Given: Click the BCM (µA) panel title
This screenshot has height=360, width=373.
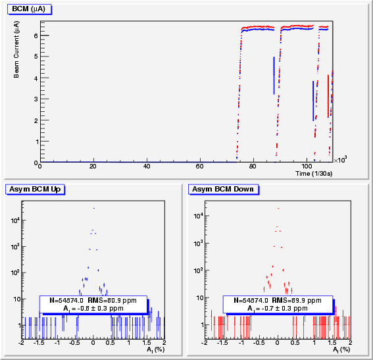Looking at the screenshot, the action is click(29, 9).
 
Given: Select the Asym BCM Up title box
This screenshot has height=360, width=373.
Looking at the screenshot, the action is click(35, 190).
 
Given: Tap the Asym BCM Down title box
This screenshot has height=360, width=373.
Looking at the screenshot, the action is click(224, 190).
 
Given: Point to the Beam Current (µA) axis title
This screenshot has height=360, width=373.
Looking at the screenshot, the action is click(16, 49).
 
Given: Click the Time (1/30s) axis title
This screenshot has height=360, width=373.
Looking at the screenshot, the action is click(314, 174).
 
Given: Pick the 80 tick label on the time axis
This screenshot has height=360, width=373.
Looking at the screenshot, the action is click(253, 166).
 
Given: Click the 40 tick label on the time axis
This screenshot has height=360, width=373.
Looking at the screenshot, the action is click(147, 166).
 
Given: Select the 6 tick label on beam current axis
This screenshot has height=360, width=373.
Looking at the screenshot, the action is click(36, 36).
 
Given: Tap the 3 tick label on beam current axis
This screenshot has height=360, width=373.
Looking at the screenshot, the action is click(36, 99).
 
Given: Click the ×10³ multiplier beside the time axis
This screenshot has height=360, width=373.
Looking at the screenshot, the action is click(340, 160).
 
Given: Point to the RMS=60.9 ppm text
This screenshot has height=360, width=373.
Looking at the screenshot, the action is click(112, 301).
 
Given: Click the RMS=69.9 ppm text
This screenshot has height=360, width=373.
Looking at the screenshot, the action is click(297, 301).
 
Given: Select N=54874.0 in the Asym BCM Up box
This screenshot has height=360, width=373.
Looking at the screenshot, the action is click(66, 301).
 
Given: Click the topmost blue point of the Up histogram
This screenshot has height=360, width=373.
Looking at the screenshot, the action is click(94, 208).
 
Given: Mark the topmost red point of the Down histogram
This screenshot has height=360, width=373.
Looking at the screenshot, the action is click(278, 209).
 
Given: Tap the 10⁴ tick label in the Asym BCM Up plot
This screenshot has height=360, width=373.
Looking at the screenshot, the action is click(15, 220).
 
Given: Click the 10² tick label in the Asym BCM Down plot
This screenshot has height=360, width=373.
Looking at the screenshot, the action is click(198, 270).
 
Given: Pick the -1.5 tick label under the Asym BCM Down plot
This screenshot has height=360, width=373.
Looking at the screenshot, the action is click(223, 343).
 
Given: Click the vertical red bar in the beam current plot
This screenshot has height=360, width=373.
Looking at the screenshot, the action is click(328, 96).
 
